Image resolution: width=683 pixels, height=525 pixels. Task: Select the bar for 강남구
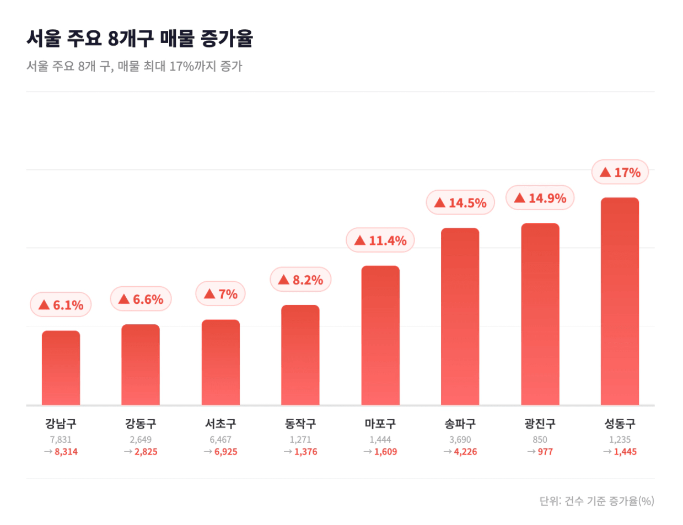pyautogui.click(x=61, y=368)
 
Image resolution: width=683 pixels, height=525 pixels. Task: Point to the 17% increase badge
pyautogui.click(x=620, y=173)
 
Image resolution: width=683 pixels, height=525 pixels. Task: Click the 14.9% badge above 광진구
pyautogui.click(x=540, y=198)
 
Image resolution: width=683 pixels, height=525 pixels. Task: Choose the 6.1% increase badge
pyautogui.click(x=61, y=304)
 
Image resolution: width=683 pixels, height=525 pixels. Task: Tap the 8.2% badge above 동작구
pyautogui.click(x=300, y=280)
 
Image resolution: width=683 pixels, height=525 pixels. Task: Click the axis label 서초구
pyautogui.click(x=221, y=424)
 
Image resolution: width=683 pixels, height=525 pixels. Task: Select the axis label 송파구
pyautogui.click(x=460, y=424)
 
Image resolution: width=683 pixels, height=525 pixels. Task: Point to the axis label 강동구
pyautogui.click(x=141, y=424)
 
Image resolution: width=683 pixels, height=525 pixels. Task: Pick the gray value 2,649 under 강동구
pyautogui.click(x=141, y=440)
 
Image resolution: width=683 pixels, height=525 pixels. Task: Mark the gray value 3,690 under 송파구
pyautogui.click(x=460, y=440)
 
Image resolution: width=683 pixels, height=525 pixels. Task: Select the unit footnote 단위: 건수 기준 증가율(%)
pyautogui.click(x=597, y=501)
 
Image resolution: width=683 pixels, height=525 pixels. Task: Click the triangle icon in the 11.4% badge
pyautogui.click(x=360, y=240)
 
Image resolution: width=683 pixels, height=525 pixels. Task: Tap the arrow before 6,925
pyautogui.click(x=208, y=452)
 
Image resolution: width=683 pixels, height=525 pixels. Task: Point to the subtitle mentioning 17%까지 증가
pyautogui.click(x=134, y=67)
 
